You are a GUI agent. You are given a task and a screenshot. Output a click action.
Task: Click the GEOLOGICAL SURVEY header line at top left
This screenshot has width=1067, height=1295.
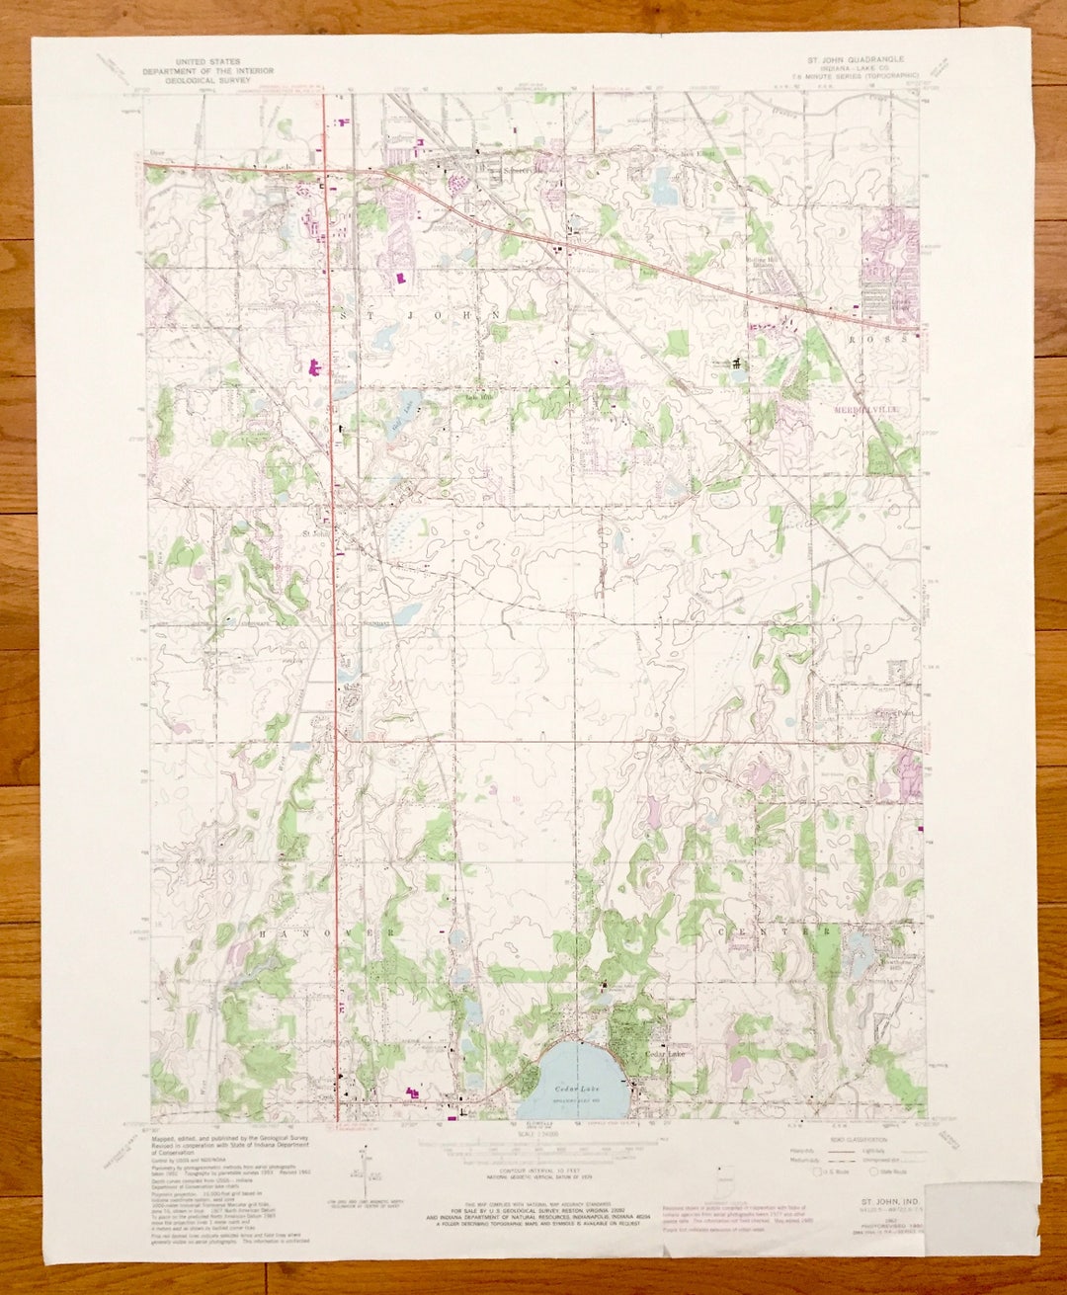[206, 80]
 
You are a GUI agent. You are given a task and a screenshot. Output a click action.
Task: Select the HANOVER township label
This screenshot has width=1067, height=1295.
[329, 932]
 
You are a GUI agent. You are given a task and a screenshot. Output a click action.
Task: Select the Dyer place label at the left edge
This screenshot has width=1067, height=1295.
[156, 153]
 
